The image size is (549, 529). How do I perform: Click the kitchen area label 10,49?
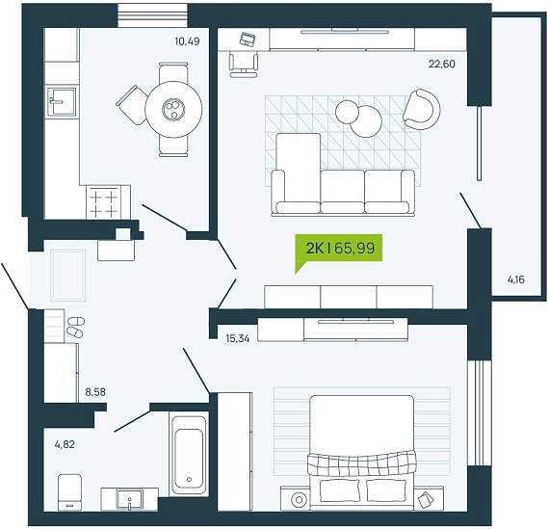pyautogui.click(x=187, y=41)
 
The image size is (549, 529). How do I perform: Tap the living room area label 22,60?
pyautogui.click(x=442, y=64)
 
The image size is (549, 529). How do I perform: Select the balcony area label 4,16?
pyautogui.click(x=516, y=279)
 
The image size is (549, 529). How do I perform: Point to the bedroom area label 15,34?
pyautogui.click(x=238, y=339)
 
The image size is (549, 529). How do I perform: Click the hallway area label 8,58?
pyautogui.click(x=95, y=391)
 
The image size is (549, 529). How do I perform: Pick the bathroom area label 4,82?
pyautogui.click(x=65, y=444)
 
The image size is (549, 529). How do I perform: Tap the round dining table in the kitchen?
pyautogui.click(x=173, y=109)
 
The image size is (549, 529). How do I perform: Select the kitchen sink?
pyautogui.click(x=62, y=101)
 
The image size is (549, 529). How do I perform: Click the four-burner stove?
pyautogui.click(x=104, y=202)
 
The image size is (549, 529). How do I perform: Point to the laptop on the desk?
pyautogui.click(x=248, y=39)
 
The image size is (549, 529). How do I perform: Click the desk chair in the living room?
pyautogui.click(x=244, y=65)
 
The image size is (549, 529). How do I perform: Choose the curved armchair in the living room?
pyautogui.click(x=422, y=109)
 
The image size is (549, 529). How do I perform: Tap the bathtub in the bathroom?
pyautogui.click(x=189, y=453)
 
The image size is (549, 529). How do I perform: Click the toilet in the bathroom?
pyautogui.click(x=69, y=491)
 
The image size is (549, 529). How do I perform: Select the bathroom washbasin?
pyautogui.click(x=130, y=499)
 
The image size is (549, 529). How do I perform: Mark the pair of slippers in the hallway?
pyautogui.click(x=75, y=327)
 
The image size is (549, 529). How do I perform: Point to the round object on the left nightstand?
pyautogui.click(x=299, y=499)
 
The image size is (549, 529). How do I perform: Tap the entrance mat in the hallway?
pyautogui.click(x=68, y=275)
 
